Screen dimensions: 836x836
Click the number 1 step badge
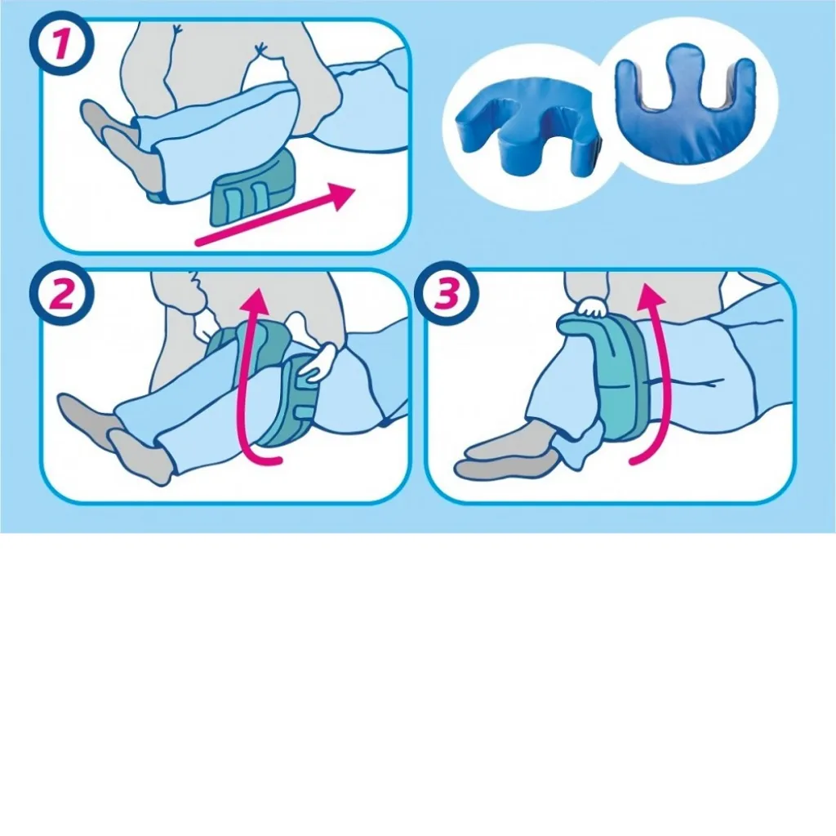tap(60, 44)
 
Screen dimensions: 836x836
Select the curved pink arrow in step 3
tap(662, 373)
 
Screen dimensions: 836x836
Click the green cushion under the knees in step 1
tap(255, 188)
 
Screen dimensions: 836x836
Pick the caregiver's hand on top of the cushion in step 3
tap(592, 308)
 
